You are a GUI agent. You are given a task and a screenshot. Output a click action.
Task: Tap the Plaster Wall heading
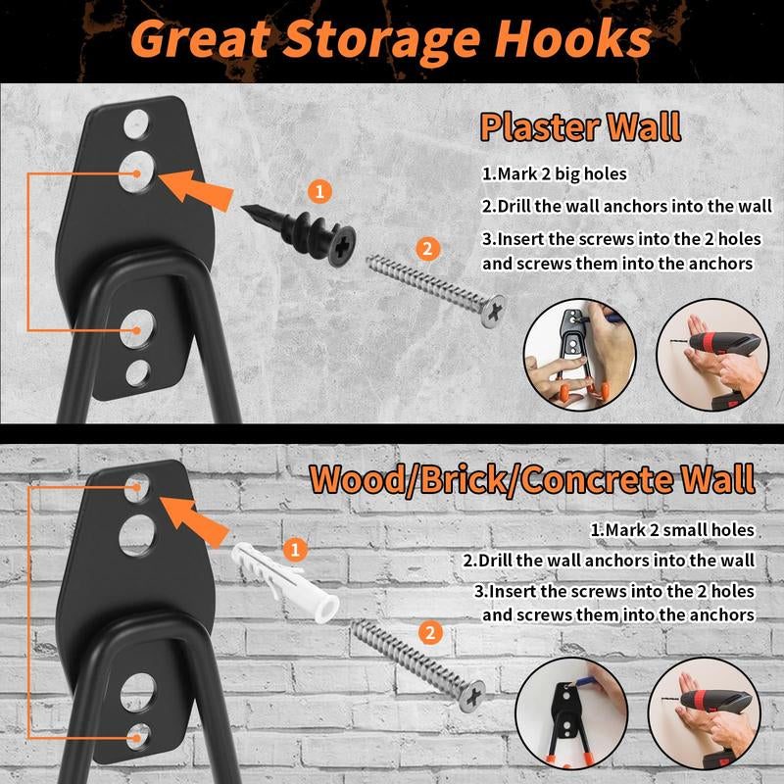pyautogui.click(x=580, y=127)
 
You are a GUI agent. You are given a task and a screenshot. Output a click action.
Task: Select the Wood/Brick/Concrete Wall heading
pyautogui.click(x=532, y=479)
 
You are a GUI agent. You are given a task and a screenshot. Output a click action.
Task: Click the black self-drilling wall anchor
pyautogui.click(x=299, y=232)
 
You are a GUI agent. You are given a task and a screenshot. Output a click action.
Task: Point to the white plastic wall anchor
pyautogui.click(x=285, y=582)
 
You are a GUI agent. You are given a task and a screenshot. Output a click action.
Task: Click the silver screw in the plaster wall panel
pyautogui.click(x=436, y=290)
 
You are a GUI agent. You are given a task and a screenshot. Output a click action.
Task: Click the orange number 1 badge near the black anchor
pyautogui.click(x=320, y=191)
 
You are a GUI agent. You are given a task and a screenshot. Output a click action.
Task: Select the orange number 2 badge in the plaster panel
pyautogui.click(x=427, y=248)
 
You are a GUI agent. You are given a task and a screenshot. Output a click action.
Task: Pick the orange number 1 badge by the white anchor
pyautogui.click(x=295, y=550)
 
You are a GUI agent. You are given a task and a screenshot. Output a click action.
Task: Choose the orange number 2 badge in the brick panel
pyautogui.click(x=430, y=633)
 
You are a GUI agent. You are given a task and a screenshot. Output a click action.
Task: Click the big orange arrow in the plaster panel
pyautogui.click(x=197, y=189)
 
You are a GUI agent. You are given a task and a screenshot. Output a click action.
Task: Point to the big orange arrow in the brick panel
pyautogui.click(x=194, y=520)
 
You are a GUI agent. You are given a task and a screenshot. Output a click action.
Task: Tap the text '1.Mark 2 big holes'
pyautogui.click(x=554, y=174)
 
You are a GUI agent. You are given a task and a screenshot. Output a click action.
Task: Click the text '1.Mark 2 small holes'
pyautogui.click(x=672, y=530)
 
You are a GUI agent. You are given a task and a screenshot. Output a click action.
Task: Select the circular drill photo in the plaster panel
pyautogui.click(x=712, y=355)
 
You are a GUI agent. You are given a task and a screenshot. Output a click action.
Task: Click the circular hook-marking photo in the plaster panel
pyautogui.click(x=580, y=355)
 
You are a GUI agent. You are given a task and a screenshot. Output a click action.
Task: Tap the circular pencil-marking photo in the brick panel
pyautogui.click(x=571, y=713)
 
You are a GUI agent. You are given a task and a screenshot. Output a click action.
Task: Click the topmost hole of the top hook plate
pyautogui.click(x=136, y=124)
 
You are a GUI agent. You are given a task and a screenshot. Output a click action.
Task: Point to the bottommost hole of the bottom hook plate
pyautogui.click(x=137, y=737)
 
